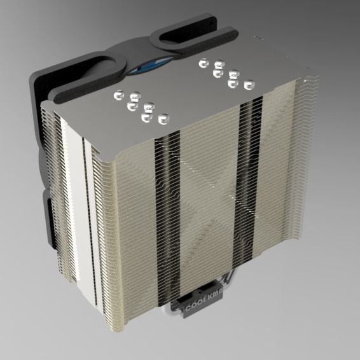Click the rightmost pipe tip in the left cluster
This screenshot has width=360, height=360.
pyautogui.click(x=163, y=118)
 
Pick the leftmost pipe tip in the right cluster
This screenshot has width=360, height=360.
pyautogui.click(x=204, y=63)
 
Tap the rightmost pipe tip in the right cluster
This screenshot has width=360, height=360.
pyautogui.click(x=249, y=83)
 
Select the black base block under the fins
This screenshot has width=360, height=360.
pyautogui.click(x=204, y=305)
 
